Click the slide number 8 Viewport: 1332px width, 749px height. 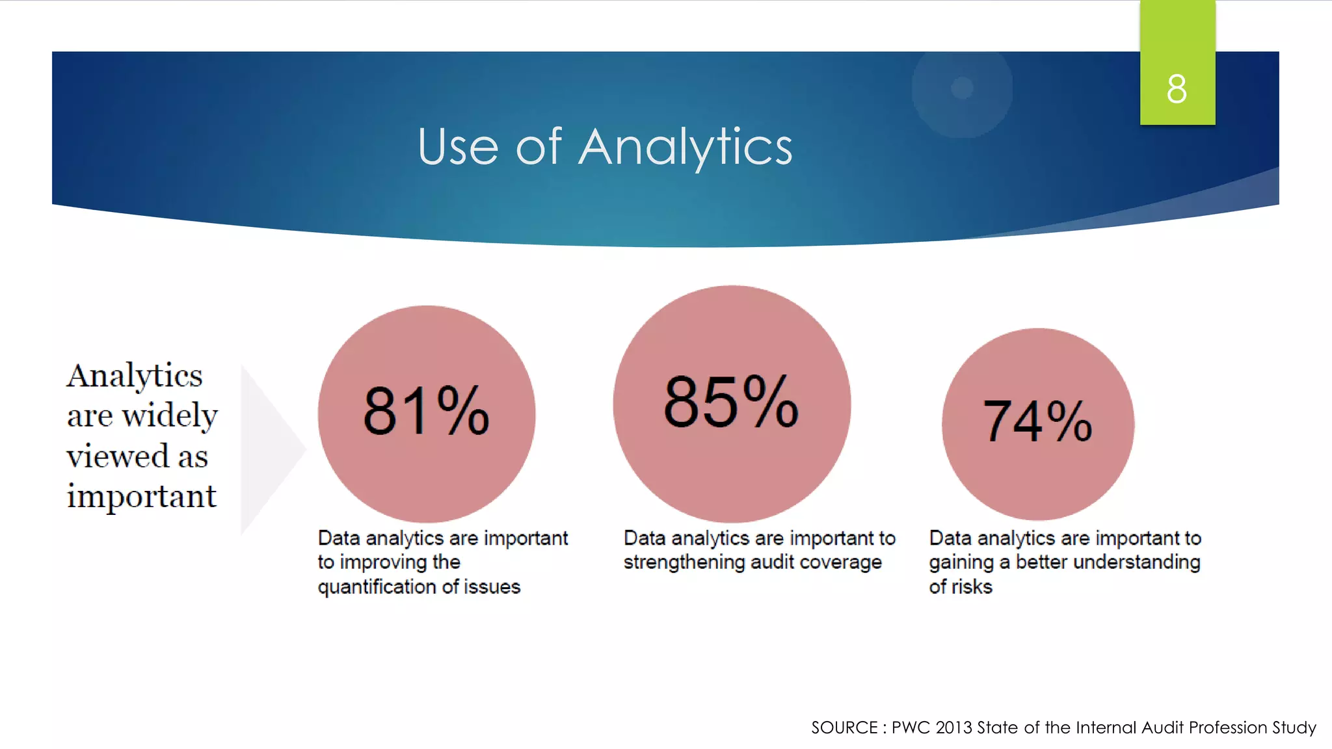click(1177, 88)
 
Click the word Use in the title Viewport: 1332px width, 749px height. click(458, 147)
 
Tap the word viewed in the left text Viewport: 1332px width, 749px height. click(118, 456)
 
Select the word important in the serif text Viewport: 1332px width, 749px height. click(141, 496)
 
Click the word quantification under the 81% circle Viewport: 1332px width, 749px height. click(377, 587)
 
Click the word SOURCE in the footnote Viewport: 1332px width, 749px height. click(844, 728)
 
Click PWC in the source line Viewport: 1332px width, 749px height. click(911, 728)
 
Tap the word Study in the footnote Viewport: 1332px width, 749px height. click(1294, 728)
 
